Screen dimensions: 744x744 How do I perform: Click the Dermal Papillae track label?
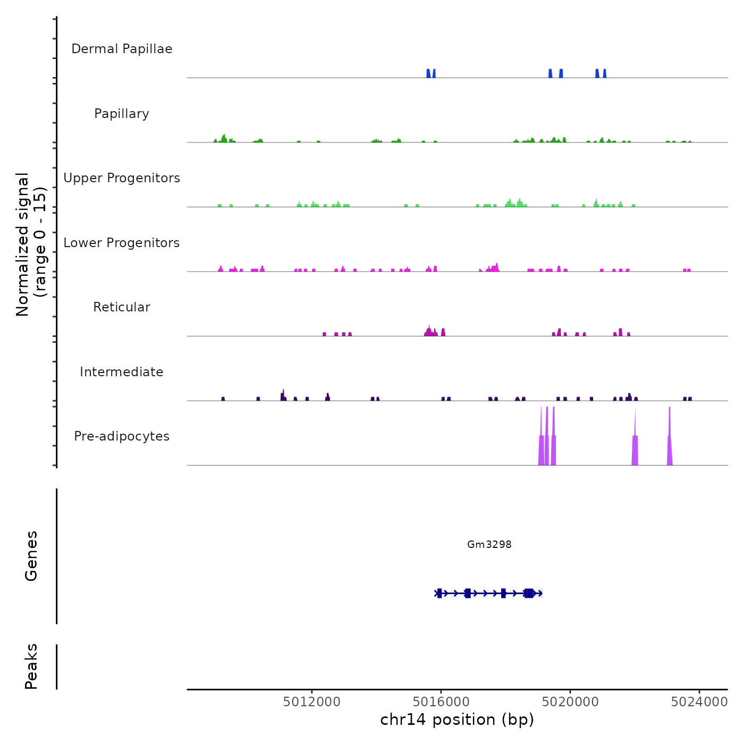122,49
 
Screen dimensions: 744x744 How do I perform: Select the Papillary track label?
122,114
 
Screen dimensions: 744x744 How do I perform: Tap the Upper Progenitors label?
122,178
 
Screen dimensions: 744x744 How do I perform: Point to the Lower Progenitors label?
122,243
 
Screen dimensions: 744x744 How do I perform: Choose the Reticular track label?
122,307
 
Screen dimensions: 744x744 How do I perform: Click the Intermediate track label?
122,372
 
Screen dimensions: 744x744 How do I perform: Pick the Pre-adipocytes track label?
122,436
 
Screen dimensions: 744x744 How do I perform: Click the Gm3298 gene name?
489,544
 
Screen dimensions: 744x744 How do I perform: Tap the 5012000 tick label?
311,702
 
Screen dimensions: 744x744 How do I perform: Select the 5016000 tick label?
441,702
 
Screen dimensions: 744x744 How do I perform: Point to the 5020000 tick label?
570,702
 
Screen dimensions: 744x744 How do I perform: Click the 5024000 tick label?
699,702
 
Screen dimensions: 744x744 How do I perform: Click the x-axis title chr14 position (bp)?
457,720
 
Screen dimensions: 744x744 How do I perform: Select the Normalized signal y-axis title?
31,244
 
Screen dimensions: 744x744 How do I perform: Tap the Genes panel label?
31,556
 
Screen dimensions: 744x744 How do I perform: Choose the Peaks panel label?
31,666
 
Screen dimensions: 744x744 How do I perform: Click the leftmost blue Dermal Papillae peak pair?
431,74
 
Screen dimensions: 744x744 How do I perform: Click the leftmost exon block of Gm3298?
439,593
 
